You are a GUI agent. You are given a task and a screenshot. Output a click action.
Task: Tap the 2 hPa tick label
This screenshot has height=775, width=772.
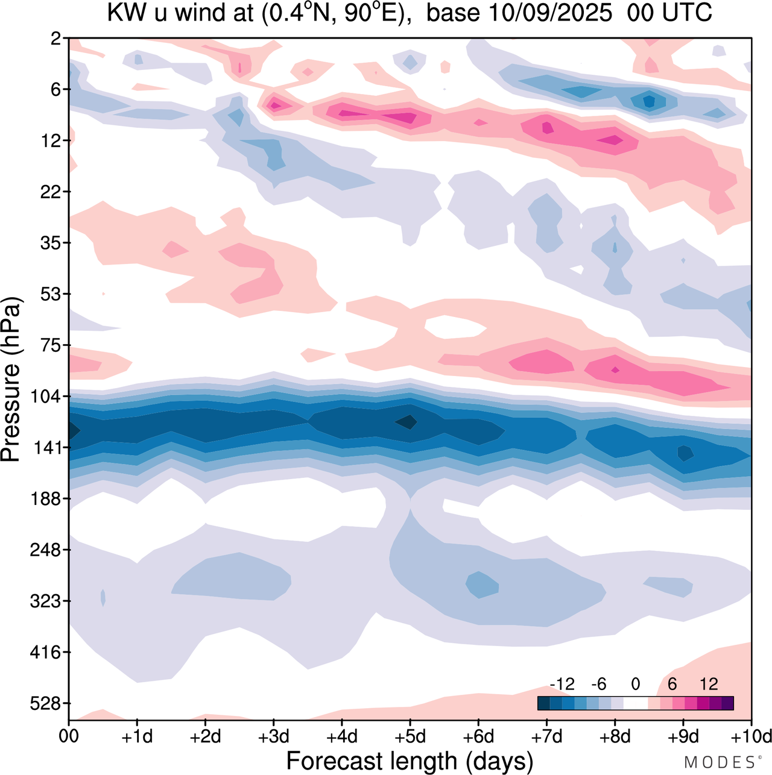point(56,39)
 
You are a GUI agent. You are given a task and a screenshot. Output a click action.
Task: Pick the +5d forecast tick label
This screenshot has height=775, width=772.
point(410,736)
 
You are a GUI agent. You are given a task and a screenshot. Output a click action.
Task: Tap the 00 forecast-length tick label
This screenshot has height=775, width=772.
point(69,736)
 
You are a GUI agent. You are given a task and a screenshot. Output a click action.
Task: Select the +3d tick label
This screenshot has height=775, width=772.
point(273,736)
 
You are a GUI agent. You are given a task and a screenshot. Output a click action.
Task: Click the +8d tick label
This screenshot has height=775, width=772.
point(615,736)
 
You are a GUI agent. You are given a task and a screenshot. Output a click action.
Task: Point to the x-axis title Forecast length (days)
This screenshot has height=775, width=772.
point(410,761)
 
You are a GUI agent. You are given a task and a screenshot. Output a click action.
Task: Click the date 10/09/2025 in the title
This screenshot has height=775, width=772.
point(549,13)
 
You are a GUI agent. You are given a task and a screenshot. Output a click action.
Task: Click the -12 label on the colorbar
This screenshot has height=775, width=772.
point(562,684)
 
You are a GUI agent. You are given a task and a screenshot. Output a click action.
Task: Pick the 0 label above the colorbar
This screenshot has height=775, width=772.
point(635,684)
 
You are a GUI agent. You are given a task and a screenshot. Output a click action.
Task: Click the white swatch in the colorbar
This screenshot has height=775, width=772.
point(635,703)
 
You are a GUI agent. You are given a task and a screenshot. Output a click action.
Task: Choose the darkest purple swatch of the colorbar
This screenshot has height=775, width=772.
point(727,703)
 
